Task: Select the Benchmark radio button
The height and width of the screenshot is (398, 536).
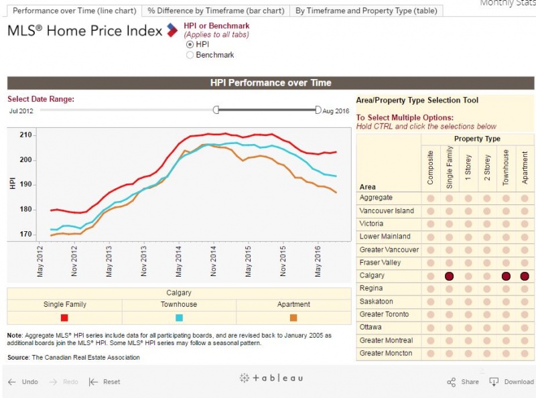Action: tap(190, 55)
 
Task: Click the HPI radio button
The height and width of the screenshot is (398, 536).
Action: tap(190, 44)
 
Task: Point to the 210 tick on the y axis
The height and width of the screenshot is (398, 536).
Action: tap(25, 135)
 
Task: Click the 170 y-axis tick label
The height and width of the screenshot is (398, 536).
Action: tap(25, 234)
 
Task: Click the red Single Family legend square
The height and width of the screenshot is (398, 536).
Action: tap(64, 318)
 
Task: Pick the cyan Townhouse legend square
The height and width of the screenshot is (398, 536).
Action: tap(179, 318)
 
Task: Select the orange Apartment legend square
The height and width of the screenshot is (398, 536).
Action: tap(293, 318)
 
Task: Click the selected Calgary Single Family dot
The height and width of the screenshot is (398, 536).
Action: tap(450, 276)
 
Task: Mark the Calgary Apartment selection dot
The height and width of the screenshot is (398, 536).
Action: tap(525, 276)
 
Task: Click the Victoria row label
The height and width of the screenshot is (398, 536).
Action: tap(371, 224)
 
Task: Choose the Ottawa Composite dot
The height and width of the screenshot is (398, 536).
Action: tap(431, 328)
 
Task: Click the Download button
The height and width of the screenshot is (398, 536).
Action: tap(512, 382)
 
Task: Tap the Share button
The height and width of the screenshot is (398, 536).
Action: tap(463, 382)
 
